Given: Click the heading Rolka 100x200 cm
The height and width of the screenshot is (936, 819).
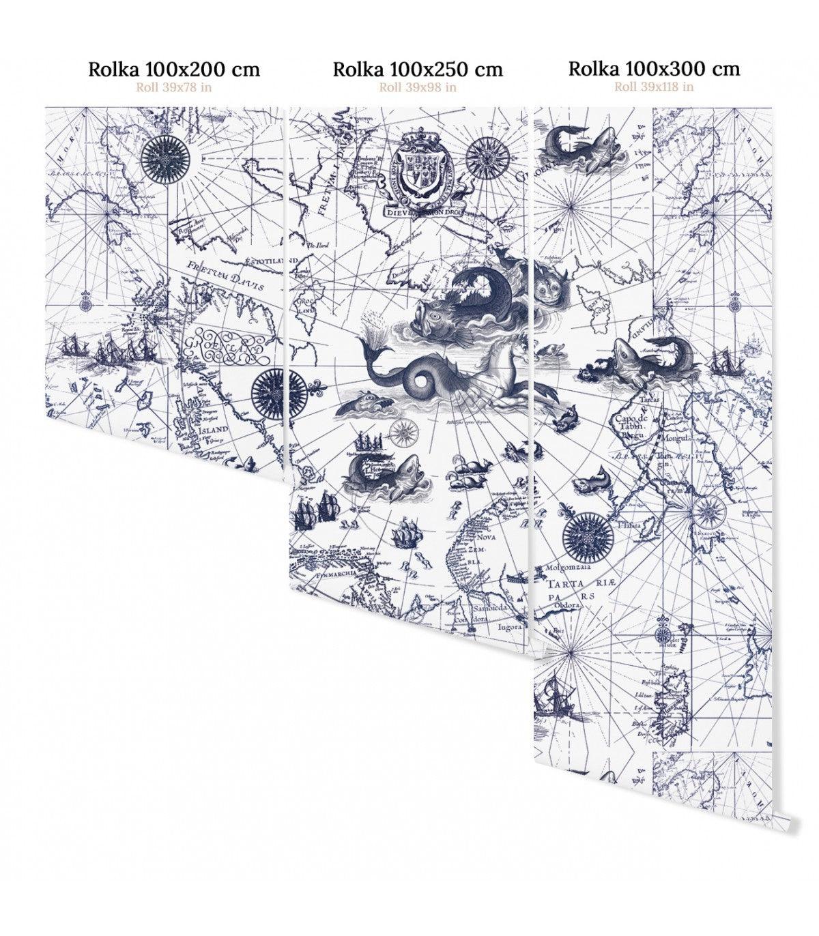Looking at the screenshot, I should click(174, 69).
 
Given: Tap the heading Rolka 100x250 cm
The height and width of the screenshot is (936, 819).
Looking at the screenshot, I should click(418, 69).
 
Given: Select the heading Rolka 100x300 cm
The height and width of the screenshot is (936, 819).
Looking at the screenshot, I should click(654, 68).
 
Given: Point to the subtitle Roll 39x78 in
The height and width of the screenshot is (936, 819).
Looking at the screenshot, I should click(173, 87).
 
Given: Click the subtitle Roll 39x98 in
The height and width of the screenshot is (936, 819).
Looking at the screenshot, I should click(418, 87).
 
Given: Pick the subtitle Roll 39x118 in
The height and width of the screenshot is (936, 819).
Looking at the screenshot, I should click(654, 86).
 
